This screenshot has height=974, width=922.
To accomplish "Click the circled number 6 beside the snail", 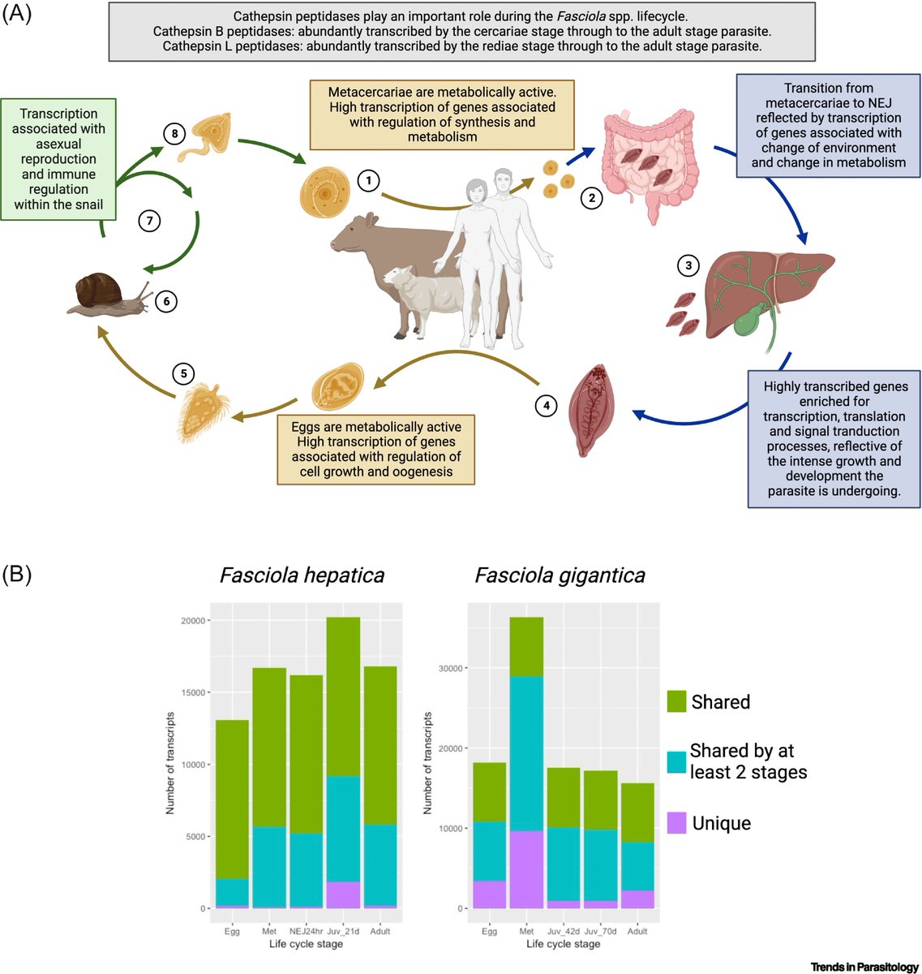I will click(166, 301).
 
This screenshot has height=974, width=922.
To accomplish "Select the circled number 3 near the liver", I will click(688, 265).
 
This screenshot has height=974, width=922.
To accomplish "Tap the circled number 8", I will click(175, 133).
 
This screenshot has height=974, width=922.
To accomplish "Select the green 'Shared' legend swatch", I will click(676, 701).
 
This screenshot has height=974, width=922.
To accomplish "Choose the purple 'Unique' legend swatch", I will click(676, 823).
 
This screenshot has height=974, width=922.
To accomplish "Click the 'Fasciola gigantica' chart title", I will click(560, 575).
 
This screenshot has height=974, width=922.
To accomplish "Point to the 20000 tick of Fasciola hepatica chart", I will click(193, 621).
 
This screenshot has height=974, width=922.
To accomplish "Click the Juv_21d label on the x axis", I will click(343, 931).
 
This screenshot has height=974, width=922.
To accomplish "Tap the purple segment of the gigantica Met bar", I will click(526, 869).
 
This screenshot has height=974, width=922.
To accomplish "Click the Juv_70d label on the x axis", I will click(600, 931).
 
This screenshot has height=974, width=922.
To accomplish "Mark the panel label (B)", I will click(17, 575).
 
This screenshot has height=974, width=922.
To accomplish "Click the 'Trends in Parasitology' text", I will click(864, 967).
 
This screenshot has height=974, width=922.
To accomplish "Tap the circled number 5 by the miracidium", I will click(184, 373).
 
